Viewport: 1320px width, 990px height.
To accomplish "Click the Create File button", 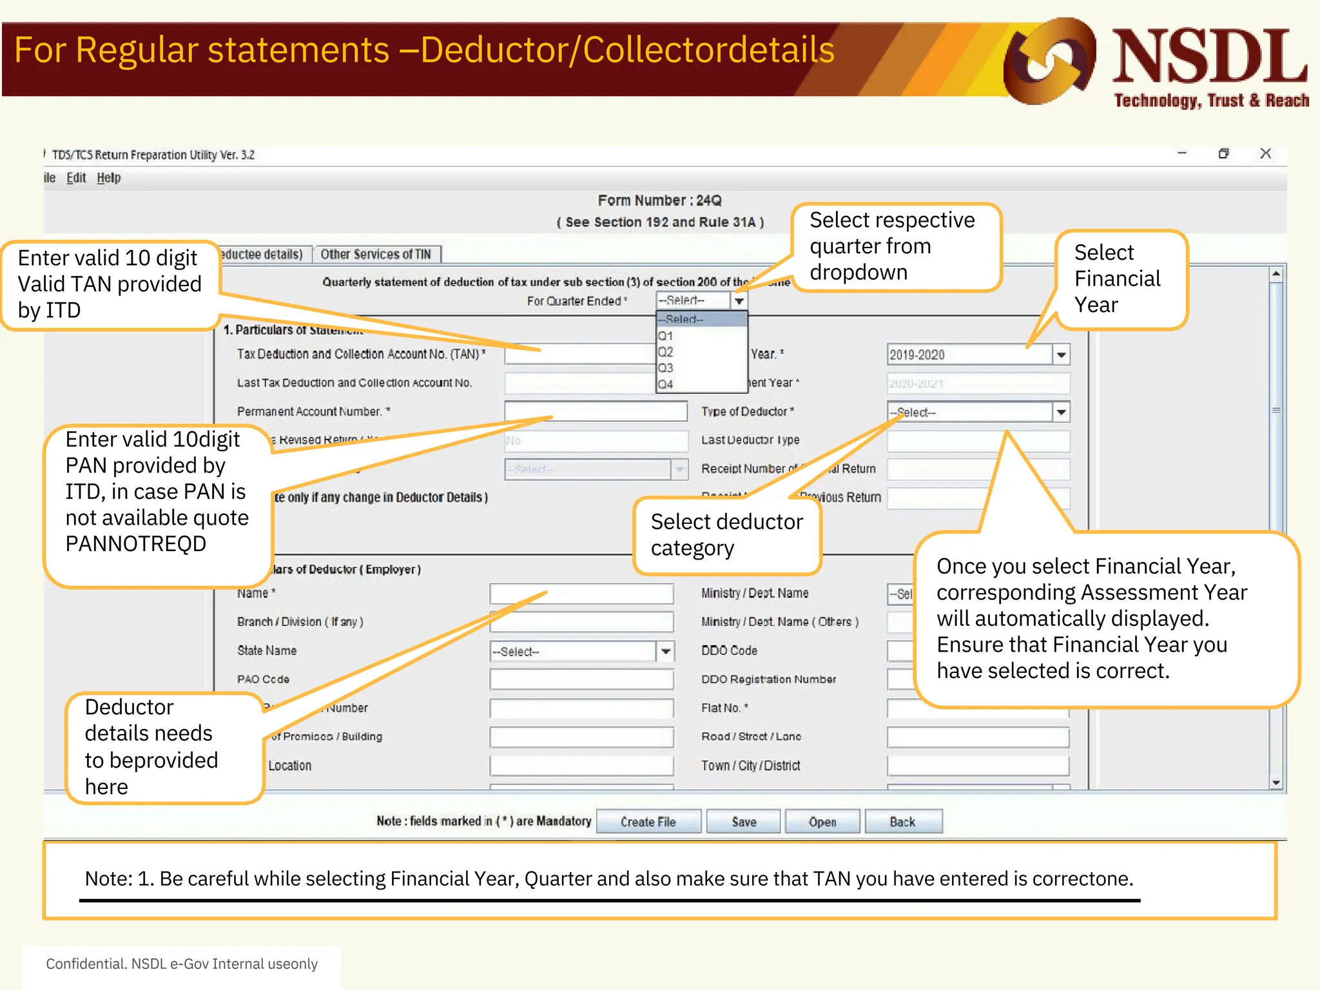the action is (648, 822).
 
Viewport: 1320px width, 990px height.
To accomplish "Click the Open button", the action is (822, 822).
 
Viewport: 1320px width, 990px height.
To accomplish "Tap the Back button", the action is (902, 822).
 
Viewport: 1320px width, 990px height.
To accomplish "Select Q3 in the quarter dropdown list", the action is (666, 368).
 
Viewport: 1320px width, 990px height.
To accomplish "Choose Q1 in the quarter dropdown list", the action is (666, 336).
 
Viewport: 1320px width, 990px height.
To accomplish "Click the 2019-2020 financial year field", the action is (969, 354).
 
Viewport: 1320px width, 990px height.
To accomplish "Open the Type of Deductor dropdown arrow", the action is (1061, 412).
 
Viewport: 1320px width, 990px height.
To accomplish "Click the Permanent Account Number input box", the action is (596, 411).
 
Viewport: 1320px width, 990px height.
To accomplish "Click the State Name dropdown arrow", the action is (665, 652).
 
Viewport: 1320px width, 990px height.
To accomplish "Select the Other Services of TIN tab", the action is (376, 254).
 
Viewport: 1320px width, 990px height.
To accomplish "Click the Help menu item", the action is (109, 178).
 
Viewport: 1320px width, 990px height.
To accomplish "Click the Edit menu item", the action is (76, 178).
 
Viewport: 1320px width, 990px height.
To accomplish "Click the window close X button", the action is (1265, 153).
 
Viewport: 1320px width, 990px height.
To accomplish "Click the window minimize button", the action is (1182, 153).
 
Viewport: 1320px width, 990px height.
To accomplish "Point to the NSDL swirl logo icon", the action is (1049, 61).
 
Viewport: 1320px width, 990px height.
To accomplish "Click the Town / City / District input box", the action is (977, 766).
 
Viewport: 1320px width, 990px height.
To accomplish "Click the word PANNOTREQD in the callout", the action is (136, 544).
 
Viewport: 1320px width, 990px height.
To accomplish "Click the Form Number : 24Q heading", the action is (659, 200).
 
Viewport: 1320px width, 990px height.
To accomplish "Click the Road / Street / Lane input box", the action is (977, 737).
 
